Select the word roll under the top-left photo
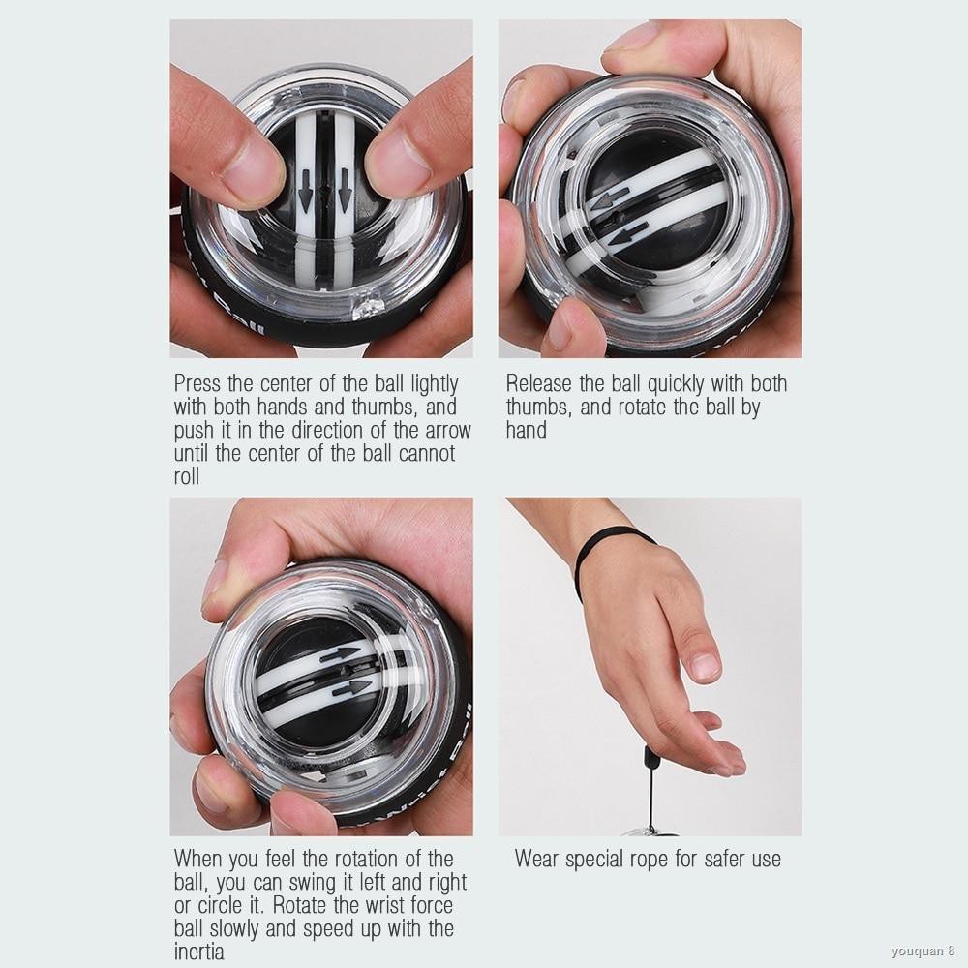(186, 477)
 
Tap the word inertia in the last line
(200, 953)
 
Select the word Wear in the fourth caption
(538, 859)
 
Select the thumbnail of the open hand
(705, 666)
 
